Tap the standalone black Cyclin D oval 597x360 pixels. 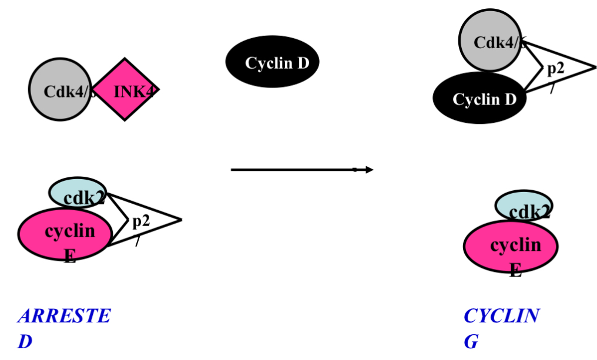click(x=273, y=62)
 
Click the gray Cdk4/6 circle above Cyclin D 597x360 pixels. click(x=489, y=40)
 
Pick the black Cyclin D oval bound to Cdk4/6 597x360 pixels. click(x=479, y=99)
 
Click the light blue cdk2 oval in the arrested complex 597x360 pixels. click(x=78, y=193)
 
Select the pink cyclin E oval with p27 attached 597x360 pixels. click(x=65, y=234)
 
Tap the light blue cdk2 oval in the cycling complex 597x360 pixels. click(x=524, y=206)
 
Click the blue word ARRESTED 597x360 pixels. click(x=63, y=316)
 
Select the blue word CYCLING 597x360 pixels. click(x=501, y=316)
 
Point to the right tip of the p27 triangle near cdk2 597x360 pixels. click(x=181, y=220)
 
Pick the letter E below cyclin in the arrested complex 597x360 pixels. click(x=70, y=256)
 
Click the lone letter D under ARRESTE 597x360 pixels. click(x=25, y=342)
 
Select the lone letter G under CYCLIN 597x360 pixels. click(x=471, y=342)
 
